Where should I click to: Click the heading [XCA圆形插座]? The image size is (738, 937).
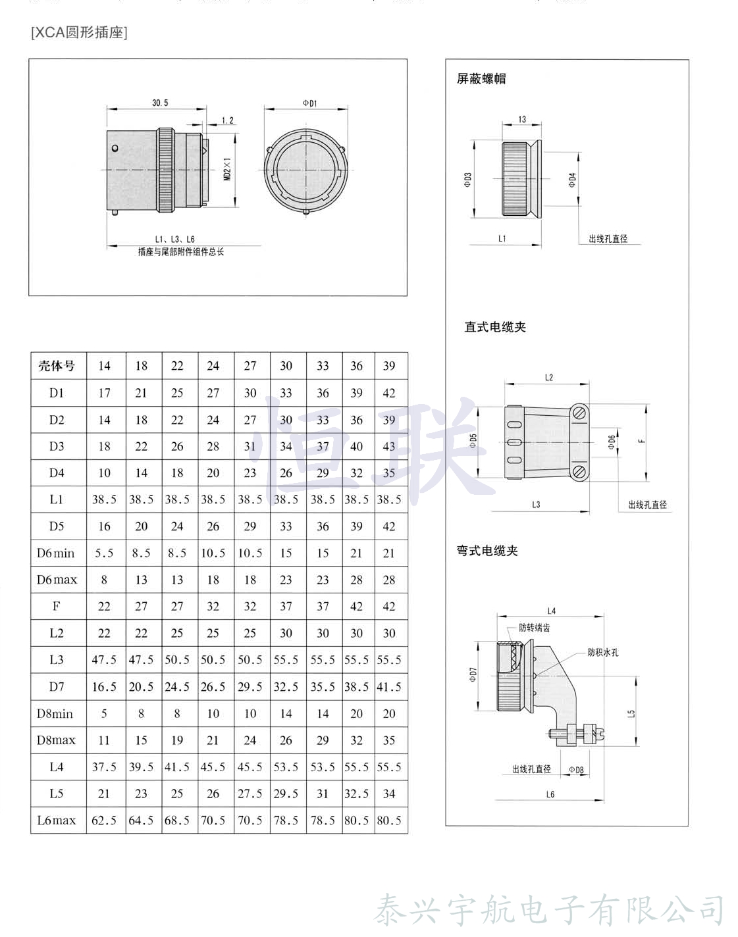pyautogui.click(x=79, y=32)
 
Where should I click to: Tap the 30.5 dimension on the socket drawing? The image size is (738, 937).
pyautogui.click(x=160, y=103)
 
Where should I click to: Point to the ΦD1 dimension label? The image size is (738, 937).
pyautogui.click(x=309, y=103)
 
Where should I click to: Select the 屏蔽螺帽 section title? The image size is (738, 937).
pyautogui.click(x=481, y=79)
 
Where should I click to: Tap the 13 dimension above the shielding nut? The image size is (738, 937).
pyautogui.click(x=522, y=120)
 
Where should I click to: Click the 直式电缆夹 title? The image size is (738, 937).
pyautogui.click(x=495, y=327)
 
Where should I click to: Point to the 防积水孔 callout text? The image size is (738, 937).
pyautogui.click(x=602, y=652)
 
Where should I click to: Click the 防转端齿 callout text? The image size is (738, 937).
pyautogui.click(x=534, y=628)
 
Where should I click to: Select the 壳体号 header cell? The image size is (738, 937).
pyautogui.click(x=57, y=366)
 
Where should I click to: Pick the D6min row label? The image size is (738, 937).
pyautogui.click(x=57, y=553)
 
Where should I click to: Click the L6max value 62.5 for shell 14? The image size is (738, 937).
pyautogui.click(x=104, y=821)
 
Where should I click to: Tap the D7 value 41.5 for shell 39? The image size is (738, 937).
pyautogui.click(x=389, y=687)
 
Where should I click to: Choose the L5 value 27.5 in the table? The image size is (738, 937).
pyautogui.click(x=250, y=794)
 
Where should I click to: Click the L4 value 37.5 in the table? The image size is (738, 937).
pyautogui.click(x=104, y=767)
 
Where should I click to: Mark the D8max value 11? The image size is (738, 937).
pyautogui.click(x=104, y=740)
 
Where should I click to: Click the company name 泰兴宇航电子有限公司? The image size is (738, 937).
pyautogui.click(x=550, y=910)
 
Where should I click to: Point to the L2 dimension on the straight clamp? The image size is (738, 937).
pyautogui.click(x=549, y=378)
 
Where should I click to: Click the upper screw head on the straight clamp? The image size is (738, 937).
pyautogui.click(x=579, y=413)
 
